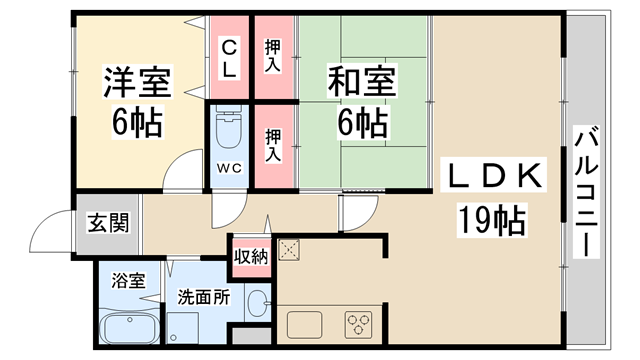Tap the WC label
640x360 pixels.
click(226, 167)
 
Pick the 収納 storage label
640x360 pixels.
click(252, 257)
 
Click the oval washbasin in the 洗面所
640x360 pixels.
click(257, 301)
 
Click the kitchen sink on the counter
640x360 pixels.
click(303, 324)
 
